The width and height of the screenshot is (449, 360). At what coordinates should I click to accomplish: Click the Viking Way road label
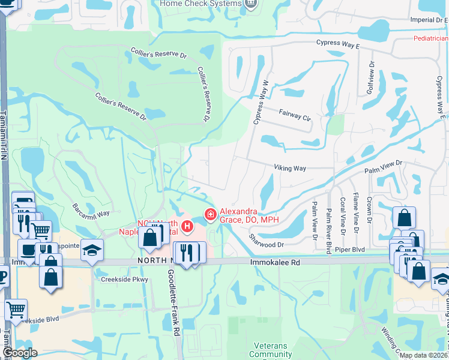point(290,168)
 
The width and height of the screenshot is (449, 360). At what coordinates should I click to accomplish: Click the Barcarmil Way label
point(91,211)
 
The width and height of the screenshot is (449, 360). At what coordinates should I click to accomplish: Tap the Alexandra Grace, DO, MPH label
point(250,215)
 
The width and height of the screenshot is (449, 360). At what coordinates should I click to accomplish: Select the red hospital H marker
point(188,227)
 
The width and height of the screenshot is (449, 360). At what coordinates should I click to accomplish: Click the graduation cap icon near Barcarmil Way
point(92,249)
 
